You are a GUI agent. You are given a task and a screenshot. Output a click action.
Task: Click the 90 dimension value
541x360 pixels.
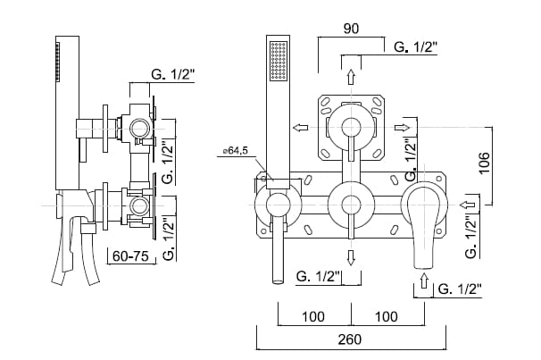pyautogui.click(x=352, y=29)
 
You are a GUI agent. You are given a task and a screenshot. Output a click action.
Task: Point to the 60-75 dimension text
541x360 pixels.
pyautogui.click(x=128, y=256)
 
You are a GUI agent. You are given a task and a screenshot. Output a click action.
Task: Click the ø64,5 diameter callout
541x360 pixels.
pyautogui.click(x=235, y=152)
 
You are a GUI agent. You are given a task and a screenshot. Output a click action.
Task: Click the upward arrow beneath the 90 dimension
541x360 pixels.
pyautogui.click(x=350, y=76)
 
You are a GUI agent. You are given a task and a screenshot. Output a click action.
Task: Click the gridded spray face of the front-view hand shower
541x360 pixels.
pyautogui.click(x=279, y=64)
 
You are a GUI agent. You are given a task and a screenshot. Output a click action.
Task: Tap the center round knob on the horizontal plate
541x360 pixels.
pyautogui.click(x=350, y=205)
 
